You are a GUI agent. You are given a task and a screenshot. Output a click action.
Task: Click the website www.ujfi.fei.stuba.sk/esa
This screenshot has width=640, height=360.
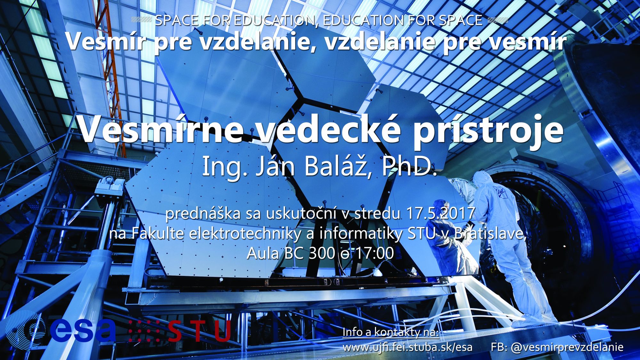[x=407, y=347]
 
